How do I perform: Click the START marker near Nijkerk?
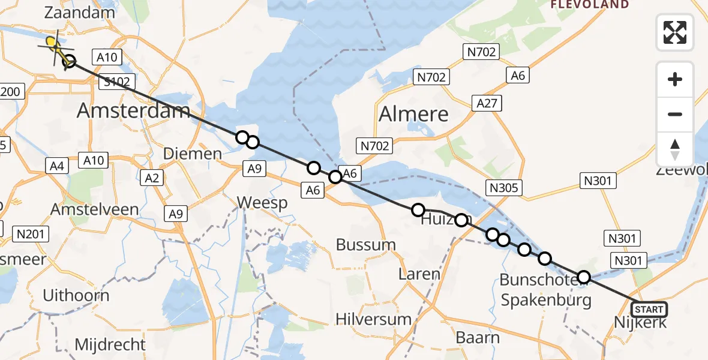[x=649, y=310]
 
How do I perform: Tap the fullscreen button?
[x=675, y=32]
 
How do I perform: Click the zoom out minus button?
[x=675, y=114]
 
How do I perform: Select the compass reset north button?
[x=675, y=149]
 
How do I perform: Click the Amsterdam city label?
[x=134, y=110]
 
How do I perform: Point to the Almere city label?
[x=414, y=114]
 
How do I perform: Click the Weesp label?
[x=262, y=203]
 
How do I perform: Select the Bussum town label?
[x=366, y=245]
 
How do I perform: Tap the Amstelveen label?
[x=95, y=210]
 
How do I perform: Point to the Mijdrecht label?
[x=110, y=345]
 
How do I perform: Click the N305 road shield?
[x=504, y=188]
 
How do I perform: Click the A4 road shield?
[x=58, y=166]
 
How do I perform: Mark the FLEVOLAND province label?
[x=590, y=5]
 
